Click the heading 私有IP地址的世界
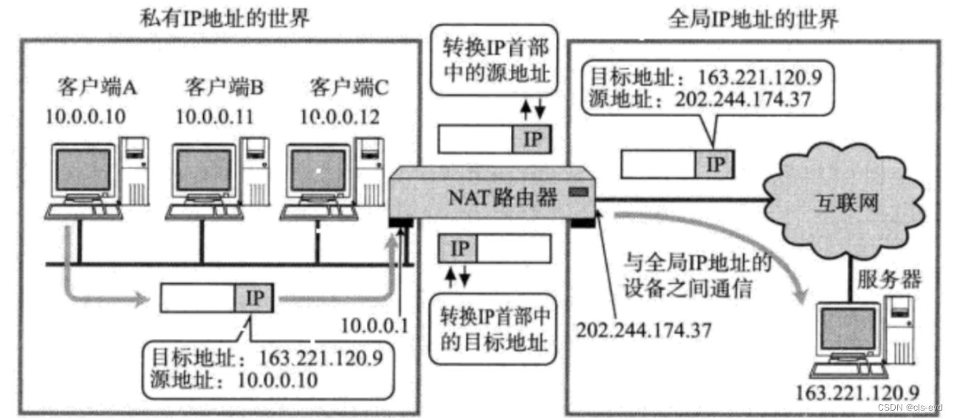click(224, 18)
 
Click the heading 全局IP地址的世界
click(753, 18)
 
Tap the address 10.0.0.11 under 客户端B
click(215, 116)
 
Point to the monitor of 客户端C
click(317, 171)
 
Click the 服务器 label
click(889, 279)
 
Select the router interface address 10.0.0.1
click(376, 326)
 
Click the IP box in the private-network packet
click(255, 298)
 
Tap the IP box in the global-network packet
click(715, 165)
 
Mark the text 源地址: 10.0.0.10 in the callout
click(233, 380)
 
